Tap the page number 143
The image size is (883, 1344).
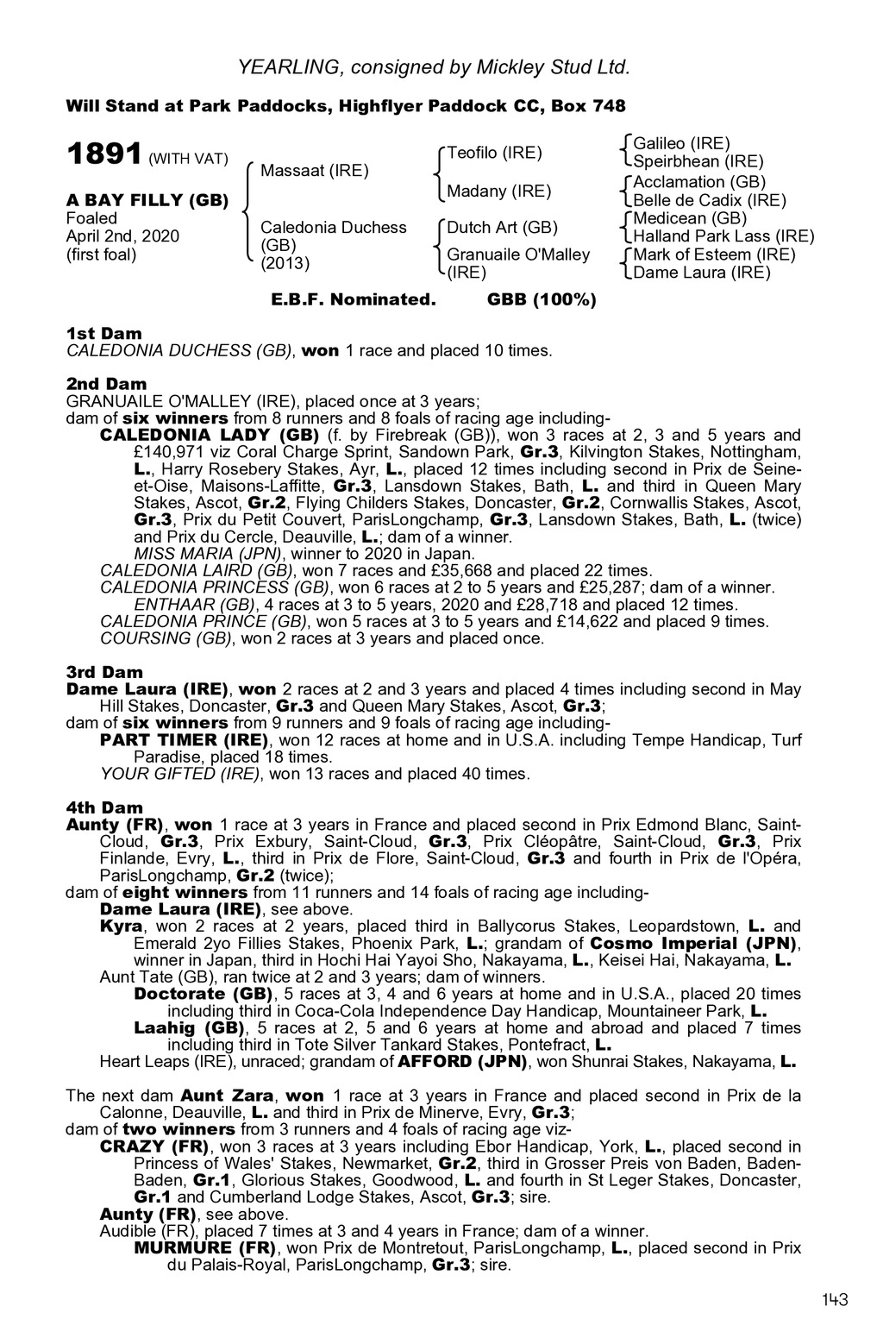click(835, 1300)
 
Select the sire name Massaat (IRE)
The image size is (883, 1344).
click(314, 171)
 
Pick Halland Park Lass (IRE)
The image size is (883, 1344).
click(723, 236)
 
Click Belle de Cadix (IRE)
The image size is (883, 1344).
click(710, 200)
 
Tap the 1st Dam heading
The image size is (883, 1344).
click(104, 333)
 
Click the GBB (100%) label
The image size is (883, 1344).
click(542, 300)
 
